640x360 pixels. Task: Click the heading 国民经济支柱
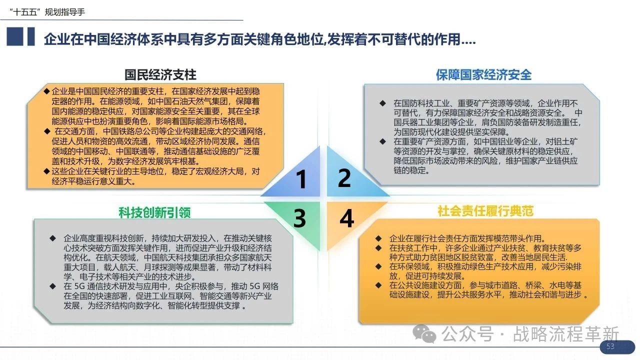click(160, 75)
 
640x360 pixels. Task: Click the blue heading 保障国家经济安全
click(483, 75)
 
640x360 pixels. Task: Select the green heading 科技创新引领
click(154, 212)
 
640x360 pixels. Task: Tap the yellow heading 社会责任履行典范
click(485, 211)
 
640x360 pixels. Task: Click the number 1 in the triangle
click(301, 179)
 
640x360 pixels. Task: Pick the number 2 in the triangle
click(344, 177)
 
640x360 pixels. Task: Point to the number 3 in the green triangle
click(299, 218)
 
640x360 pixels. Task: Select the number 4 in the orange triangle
click(347, 218)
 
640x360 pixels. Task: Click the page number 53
click(610, 346)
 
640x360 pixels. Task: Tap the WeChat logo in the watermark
click(424, 333)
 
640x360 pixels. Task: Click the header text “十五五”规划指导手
click(47, 12)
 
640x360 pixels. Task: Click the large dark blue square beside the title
click(15, 36)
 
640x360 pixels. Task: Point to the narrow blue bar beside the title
click(31, 36)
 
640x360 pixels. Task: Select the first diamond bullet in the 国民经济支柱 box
click(46, 91)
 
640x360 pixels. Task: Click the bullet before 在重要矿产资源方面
click(382, 141)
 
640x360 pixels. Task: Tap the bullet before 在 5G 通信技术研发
click(52, 286)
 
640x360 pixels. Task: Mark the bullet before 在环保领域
click(378, 266)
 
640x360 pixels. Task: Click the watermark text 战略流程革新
click(566, 333)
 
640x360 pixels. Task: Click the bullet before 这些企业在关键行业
click(46, 171)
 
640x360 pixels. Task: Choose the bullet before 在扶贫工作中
click(378, 247)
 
